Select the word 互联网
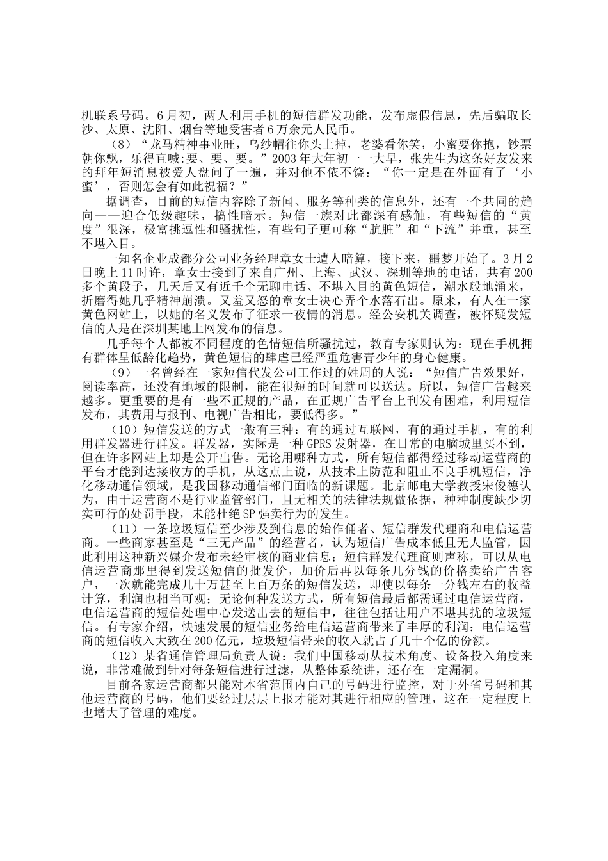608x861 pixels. pos(413,430)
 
